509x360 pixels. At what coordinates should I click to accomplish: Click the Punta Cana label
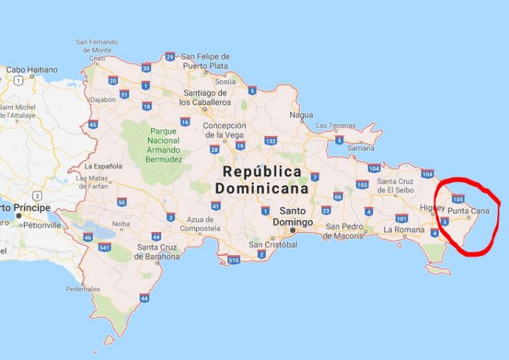[x=468, y=211]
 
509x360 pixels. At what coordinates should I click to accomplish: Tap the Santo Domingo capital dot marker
[x=292, y=230]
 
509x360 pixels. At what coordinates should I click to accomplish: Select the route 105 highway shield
[x=457, y=198]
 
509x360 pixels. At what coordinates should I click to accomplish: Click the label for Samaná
[x=361, y=148]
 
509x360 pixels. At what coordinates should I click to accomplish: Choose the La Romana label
[x=404, y=229]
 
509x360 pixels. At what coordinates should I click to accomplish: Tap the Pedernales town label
[x=83, y=289]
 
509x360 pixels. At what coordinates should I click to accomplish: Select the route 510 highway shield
[x=233, y=260]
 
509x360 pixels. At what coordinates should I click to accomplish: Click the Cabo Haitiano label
[x=32, y=70]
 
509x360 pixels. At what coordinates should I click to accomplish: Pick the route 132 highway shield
[x=270, y=141]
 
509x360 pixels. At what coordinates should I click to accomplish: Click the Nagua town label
[x=301, y=115]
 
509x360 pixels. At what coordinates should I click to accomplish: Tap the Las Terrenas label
[x=332, y=125]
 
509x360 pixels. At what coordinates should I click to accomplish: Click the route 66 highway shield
[x=337, y=196]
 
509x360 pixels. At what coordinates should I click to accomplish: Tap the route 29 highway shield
[x=171, y=56]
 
